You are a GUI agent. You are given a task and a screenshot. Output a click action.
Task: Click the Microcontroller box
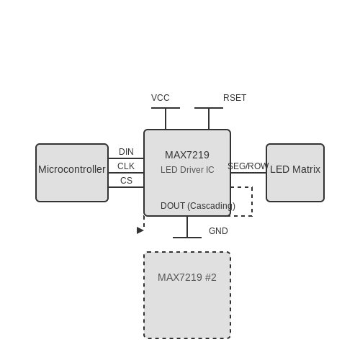[72, 173]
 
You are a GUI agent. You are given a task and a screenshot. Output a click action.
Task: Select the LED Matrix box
[295, 173]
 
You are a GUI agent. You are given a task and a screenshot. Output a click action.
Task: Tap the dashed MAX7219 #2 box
[187, 295]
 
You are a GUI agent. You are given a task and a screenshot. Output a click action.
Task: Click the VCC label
[161, 98]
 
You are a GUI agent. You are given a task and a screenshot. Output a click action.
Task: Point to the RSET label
[235, 98]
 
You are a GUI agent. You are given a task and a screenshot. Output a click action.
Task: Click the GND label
[218, 231]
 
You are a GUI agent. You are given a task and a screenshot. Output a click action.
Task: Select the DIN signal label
[126, 152]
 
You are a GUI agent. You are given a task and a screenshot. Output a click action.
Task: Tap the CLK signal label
[126, 166]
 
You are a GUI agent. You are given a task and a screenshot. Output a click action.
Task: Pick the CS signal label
[126, 181]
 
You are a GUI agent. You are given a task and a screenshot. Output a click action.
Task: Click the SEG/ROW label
[248, 166]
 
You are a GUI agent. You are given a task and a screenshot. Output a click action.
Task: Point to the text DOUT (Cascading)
[198, 206]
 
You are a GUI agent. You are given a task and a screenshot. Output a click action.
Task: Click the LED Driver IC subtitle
[187, 170]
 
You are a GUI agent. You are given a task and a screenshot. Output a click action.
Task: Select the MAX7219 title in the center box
[187, 155]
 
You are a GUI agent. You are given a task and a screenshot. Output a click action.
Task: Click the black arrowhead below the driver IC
[140, 230]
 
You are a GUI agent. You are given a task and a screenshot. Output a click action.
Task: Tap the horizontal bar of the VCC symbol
[166, 108]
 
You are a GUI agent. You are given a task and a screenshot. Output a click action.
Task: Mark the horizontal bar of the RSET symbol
[209, 108]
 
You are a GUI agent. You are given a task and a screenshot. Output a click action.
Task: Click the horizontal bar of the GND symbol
[187, 238]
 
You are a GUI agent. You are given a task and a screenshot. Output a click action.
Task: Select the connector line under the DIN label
[126, 158]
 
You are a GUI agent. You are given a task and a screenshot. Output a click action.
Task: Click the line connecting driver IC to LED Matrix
[248, 173]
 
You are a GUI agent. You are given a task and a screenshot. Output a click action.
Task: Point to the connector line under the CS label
[126, 187]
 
